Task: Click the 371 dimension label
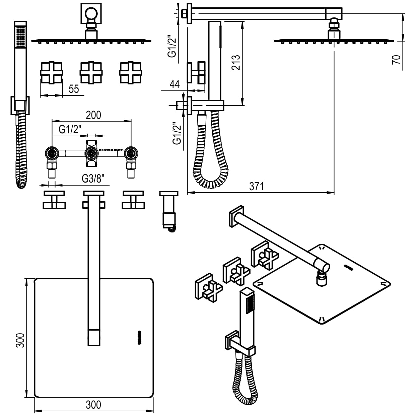tap(257, 186)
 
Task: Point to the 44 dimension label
tap(175, 84)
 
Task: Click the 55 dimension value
tap(74, 89)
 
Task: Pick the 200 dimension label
tap(93, 115)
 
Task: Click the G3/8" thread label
tap(95, 179)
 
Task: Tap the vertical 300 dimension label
tap(20, 340)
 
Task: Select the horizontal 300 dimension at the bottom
tap(93, 405)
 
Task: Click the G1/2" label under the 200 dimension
tap(70, 129)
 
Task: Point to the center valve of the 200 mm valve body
tap(91, 154)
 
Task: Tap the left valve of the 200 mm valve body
tap(52, 154)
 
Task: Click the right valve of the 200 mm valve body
tap(131, 154)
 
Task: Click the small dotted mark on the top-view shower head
tap(138, 337)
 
